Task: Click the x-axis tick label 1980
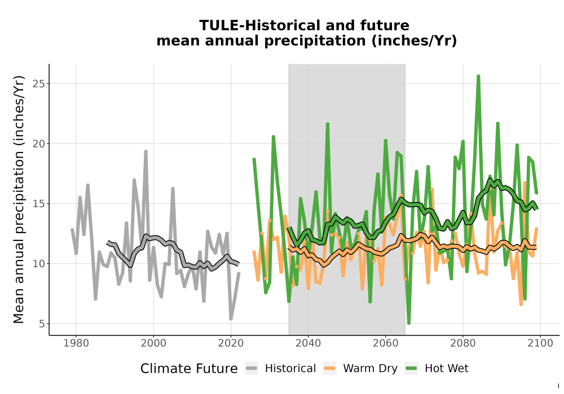point(76,343)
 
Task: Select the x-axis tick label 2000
point(153,343)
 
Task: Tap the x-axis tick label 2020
point(231,343)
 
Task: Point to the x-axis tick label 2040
point(309,343)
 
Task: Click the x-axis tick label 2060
point(386,343)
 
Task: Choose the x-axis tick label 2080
point(463,343)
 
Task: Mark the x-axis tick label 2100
point(540,343)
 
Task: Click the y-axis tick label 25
point(39,84)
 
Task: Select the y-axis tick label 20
point(39,144)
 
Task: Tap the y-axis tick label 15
point(39,203)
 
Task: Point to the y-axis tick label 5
point(42,324)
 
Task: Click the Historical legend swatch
point(252,368)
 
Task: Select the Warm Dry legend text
point(370,369)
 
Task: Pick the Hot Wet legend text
point(446,369)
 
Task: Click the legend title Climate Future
point(189,369)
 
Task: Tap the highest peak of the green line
point(478,76)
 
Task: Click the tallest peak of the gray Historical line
point(146,151)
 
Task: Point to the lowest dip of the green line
point(408,323)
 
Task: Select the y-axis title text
point(19,199)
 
